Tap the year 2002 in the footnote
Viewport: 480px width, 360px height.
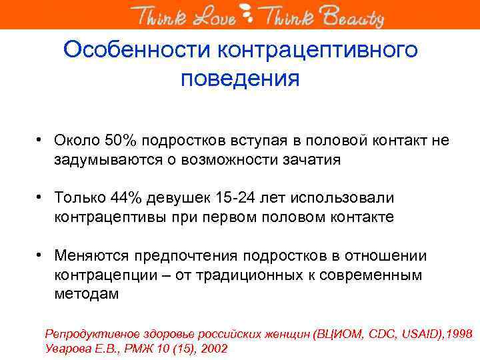213,348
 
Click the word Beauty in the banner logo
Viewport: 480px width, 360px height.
355,16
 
